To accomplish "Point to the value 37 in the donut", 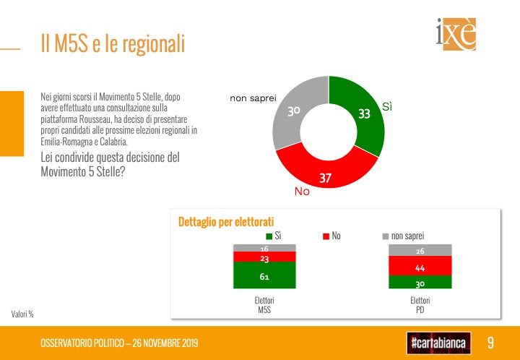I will (x=325, y=177).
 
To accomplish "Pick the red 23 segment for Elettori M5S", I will (x=264, y=257).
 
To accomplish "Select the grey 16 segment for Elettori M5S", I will (x=264, y=248).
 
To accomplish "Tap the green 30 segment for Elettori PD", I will (x=420, y=283).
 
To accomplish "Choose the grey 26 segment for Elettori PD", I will (x=420, y=250).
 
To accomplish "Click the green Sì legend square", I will (x=269, y=236).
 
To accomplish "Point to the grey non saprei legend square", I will (x=386, y=236).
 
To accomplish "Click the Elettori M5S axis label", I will (x=264, y=305).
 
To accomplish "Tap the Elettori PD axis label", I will (x=420, y=305).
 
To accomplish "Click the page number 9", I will (x=490, y=342).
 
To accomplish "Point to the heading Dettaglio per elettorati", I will (x=227, y=221).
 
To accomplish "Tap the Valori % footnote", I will (x=22, y=314).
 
